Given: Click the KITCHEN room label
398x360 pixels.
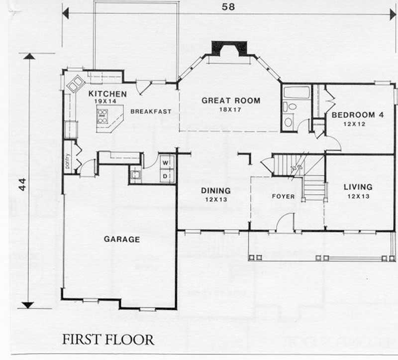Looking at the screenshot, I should pos(107,94).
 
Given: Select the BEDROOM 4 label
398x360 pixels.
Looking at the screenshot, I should pos(357,115).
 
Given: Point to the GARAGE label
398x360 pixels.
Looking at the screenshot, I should pos(122,240).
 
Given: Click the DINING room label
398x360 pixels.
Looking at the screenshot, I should pos(215,191).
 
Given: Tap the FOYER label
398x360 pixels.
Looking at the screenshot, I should pos(283,197).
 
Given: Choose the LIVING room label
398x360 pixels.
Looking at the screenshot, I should pos(358,187).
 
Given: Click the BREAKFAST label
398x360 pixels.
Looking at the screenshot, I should pos(151,112).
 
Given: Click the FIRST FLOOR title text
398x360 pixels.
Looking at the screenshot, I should pos(108,340).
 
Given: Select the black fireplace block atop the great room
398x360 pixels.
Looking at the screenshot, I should pos(229,48).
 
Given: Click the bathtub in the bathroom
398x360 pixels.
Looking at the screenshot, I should pos(297,92).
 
